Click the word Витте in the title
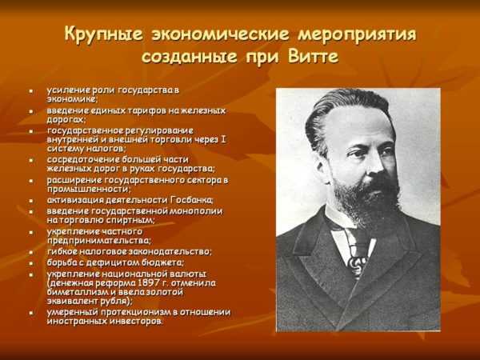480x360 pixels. tap(313, 57)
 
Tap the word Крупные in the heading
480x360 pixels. tap(103, 34)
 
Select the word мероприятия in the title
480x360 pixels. tap(358, 34)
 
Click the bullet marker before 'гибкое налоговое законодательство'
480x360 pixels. tap(31, 253)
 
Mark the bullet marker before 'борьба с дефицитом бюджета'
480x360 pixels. tap(31, 263)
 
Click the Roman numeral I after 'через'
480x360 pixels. tap(223, 139)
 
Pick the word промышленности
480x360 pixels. tap(89, 189)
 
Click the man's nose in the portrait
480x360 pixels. tap(374, 166)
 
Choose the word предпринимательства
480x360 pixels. tap(99, 241)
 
